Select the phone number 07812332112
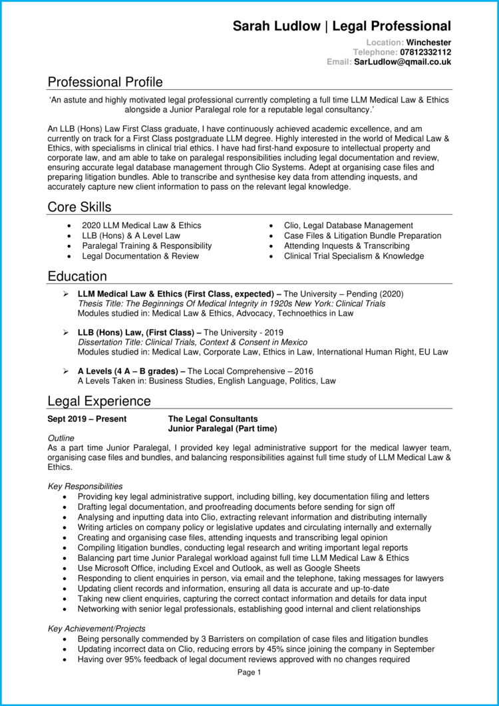(x=425, y=52)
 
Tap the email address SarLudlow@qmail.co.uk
(x=403, y=61)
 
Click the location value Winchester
(x=428, y=42)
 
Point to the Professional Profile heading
(x=105, y=82)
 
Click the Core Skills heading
(x=79, y=207)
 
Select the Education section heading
(x=77, y=276)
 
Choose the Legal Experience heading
(x=99, y=401)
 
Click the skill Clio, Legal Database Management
(x=348, y=226)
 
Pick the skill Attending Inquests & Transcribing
(x=347, y=246)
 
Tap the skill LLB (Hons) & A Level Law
(x=131, y=236)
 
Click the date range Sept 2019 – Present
(x=87, y=419)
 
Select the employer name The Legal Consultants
(x=213, y=419)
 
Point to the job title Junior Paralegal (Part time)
(x=223, y=429)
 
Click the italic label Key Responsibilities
(x=85, y=486)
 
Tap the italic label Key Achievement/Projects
(x=96, y=628)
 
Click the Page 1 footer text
(x=249, y=672)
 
